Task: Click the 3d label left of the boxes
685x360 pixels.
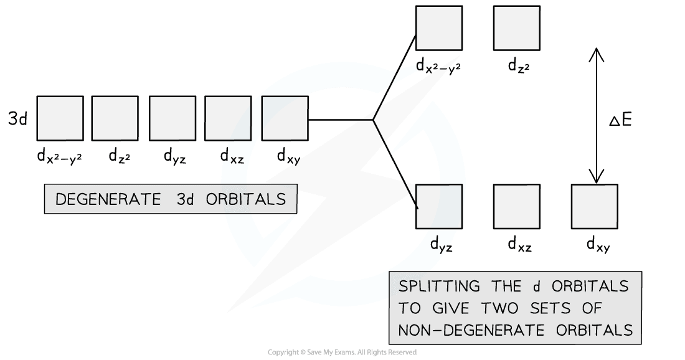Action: click(x=18, y=119)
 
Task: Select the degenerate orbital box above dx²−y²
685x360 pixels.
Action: click(x=60, y=118)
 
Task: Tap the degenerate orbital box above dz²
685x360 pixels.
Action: click(x=115, y=118)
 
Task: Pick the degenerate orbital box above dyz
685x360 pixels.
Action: click(x=172, y=118)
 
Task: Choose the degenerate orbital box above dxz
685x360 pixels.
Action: click(x=228, y=118)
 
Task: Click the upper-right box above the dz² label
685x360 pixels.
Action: click(x=516, y=29)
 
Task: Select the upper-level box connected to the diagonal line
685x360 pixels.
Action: click(x=439, y=29)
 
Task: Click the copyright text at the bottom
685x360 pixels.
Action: click(x=342, y=353)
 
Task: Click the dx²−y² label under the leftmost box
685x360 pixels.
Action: click(x=59, y=156)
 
